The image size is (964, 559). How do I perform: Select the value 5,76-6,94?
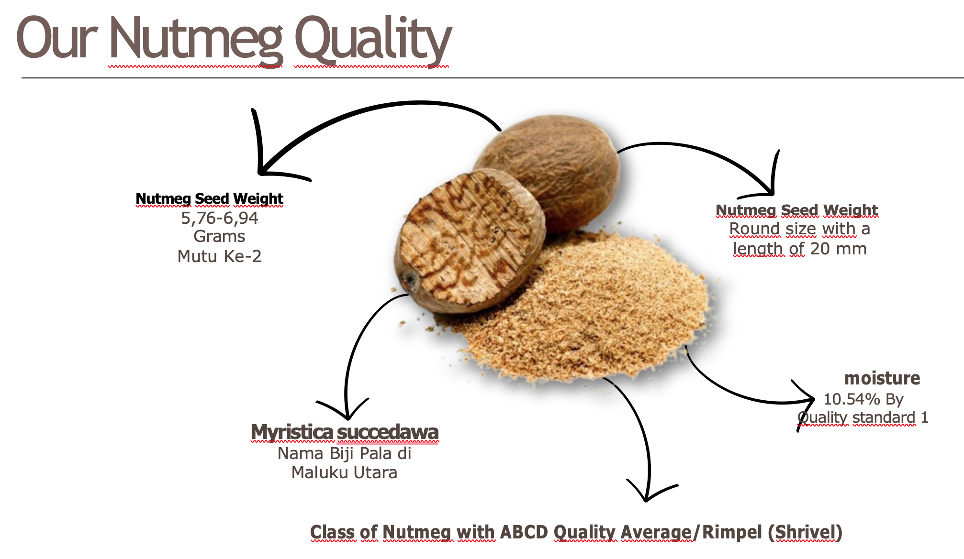[x=220, y=218]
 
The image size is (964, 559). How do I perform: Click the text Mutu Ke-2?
[x=220, y=256]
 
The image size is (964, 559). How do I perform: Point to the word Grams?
[x=220, y=237]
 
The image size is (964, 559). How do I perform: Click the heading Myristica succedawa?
[x=345, y=432]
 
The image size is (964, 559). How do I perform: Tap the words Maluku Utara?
[x=345, y=472]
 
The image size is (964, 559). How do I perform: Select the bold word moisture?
[x=882, y=378]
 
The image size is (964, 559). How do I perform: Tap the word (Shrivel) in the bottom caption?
[x=805, y=532]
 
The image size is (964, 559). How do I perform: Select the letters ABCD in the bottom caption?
[x=524, y=532]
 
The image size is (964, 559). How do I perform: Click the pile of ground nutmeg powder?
[x=589, y=306]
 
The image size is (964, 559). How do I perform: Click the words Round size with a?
[x=799, y=229]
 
